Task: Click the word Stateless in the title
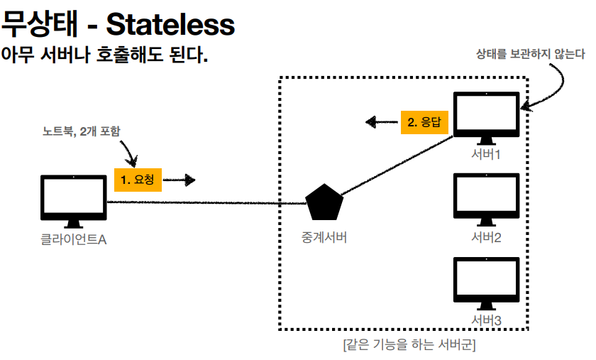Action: (x=170, y=24)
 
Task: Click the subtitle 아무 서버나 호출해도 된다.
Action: (x=104, y=54)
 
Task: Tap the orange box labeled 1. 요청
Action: (x=138, y=180)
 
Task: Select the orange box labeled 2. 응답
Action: (x=424, y=121)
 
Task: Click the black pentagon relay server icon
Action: (x=324, y=204)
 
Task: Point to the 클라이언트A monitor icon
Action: (x=73, y=200)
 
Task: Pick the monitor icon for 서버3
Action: (x=485, y=284)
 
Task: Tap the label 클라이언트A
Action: (x=73, y=239)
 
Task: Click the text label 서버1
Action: (x=485, y=153)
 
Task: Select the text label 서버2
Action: (x=485, y=237)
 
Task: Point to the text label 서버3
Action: (x=485, y=321)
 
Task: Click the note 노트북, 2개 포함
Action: (x=82, y=131)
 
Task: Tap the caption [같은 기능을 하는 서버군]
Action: (x=408, y=346)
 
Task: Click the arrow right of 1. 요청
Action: (x=180, y=180)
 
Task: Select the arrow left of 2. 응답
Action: (x=382, y=121)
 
